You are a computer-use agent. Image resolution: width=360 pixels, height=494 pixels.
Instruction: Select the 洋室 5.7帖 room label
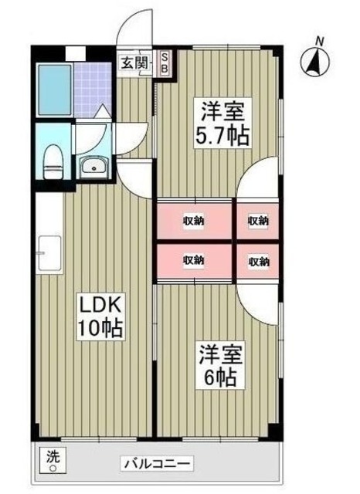point(222,123)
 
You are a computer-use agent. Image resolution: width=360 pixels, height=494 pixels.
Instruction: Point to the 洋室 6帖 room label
point(220,365)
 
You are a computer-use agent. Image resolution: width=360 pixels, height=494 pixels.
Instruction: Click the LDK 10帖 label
point(100,316)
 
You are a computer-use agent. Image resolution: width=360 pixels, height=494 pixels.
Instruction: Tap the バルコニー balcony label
point(157,464)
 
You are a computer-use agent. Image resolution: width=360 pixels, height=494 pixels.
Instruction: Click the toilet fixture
point(53,161)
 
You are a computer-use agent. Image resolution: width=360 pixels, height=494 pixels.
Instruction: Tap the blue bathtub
point(54,90)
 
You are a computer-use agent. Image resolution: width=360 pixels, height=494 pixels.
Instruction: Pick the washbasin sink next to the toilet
point(94,167)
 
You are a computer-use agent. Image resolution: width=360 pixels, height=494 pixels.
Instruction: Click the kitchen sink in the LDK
point(49,253)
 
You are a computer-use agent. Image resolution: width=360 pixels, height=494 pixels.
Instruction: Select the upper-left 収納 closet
point(195,221)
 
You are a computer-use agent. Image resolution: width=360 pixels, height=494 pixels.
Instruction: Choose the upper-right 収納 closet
point(258,221)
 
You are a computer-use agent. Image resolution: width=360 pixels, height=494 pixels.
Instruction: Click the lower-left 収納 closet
point(195,261)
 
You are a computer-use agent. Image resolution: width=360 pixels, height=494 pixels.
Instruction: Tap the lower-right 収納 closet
point(258,261)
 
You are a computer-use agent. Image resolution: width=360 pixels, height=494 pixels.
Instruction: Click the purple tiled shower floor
point(93,90)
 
